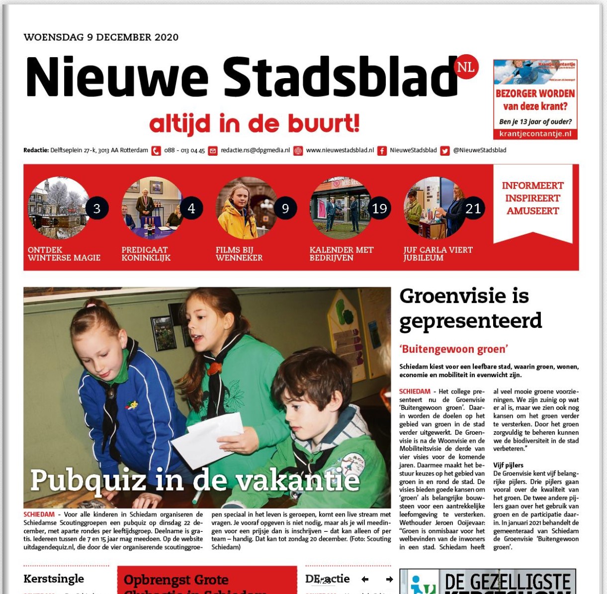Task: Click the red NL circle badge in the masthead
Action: pyautogui.click(x=466, y=67)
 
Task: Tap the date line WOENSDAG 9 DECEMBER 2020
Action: pyautogui.click(x=101, y=37)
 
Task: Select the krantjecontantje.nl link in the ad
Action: pyautogui.click(x=535, y=134)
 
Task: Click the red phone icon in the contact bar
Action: pyautogui.click(x=156, y=151)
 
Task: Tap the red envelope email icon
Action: pyautogui.click(x=213, y=151)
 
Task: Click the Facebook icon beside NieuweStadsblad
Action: pyautogui.click(x=382, y=151)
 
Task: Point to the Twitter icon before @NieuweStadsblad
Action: pyautogui.click(x=445, y=151)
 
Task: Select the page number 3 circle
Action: pyautogui.click(x=97, y=208)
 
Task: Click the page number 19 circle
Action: pyautogui.click(x=379, y=208)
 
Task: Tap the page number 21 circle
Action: pyautogui.click(x=473, y=208)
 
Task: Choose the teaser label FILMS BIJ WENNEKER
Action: pyautogui.click(x=239, y=254)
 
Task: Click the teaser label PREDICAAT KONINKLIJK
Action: pyautogui.click(x=146, y=254)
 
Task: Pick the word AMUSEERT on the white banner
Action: pyautogui.click(x=532, y=211)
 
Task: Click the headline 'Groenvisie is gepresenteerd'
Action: pyautogui.click(x=470, y=308)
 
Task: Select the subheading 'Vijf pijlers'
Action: pyautogui.click(x=508, y=465)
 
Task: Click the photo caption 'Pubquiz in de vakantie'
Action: pyautogui.click(x=195, y=481)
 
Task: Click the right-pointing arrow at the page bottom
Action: pyautogui.click(x=389, y=579)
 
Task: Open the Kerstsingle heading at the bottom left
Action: pyautogui.click(x=54, y=579)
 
